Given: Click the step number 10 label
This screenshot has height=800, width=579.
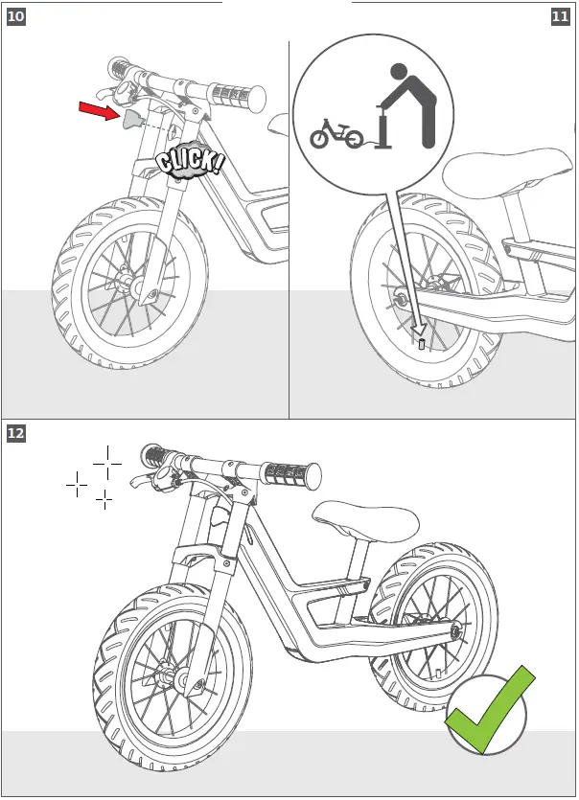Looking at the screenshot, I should click(x=15, y=16).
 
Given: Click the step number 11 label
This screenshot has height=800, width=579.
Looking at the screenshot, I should click(x=561, y=16).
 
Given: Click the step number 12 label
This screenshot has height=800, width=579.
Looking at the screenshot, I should click(x=15, y=433).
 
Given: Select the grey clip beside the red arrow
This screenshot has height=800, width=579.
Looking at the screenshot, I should click(x=130, y=118).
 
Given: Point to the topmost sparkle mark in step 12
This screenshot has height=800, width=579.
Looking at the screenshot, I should click(x=106, y=461).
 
